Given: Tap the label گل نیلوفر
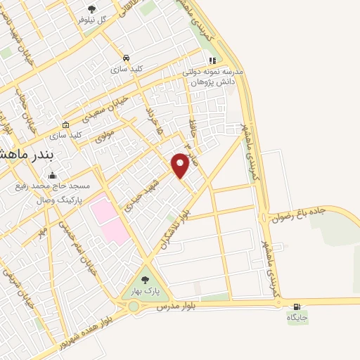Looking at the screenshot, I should tap(93, 20).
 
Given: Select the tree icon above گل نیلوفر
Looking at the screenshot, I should tap(91, 9).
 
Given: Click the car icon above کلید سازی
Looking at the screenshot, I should tap(125, 58).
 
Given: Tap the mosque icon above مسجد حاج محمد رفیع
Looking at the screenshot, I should tap(51, 176).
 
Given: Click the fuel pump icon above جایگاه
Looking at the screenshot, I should tap(297, 306).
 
